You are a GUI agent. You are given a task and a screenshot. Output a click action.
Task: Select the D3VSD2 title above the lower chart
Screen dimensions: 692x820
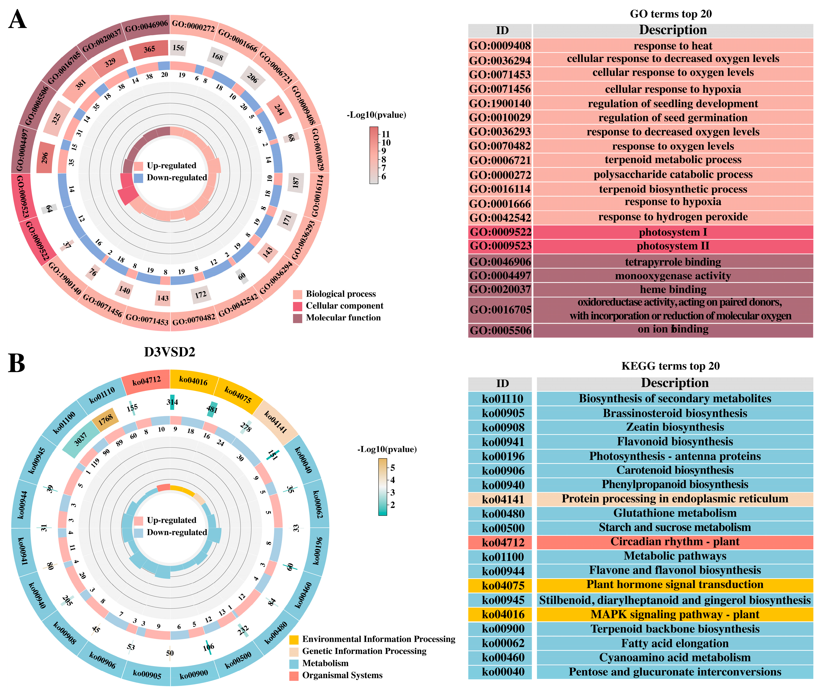pos(169,352)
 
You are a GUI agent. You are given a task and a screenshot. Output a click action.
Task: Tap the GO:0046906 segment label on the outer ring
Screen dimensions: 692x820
pos(146,27)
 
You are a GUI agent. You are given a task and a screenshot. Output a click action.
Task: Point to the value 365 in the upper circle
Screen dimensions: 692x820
pos(149,49)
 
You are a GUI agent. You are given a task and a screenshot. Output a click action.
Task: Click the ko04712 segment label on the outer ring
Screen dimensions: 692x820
pos(146,381)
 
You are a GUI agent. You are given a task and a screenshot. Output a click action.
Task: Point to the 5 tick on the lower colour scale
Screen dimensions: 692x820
pos(393,468)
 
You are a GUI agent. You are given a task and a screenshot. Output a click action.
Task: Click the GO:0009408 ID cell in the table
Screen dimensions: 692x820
pos(500,46)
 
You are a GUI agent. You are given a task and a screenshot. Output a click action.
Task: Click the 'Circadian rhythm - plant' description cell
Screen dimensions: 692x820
pos(675,542)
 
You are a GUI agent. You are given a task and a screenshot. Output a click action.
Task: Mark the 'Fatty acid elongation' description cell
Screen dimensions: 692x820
pos(675,643)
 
